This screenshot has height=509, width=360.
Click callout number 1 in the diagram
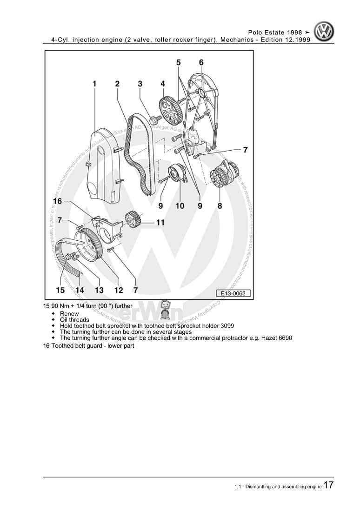pyautogui.click(x=94, y=84)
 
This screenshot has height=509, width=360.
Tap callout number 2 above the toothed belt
pyautogui.click(x=117, y=84)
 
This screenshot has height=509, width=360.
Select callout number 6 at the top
pyautogui.click(x=201, y=62)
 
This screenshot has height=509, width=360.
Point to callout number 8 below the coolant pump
pyautogui.click(x=220, y=206)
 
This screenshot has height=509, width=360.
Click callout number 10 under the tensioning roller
pyautogui.click(x=180, y=206)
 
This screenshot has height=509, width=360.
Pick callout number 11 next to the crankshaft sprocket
pyautogui.click(x=160, y=223)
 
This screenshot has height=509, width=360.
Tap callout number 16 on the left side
pyautogui.click(x=57, y=201)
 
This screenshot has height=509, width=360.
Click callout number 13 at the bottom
pyautogui.click(x=99, y=290)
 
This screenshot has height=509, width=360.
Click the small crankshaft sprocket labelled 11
pyautogui.click(x=133, y=218)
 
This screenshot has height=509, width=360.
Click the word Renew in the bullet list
pyautogui.click(x=69, y=314)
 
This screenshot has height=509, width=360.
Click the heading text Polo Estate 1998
pyautogui.click(x=275, y=33)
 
